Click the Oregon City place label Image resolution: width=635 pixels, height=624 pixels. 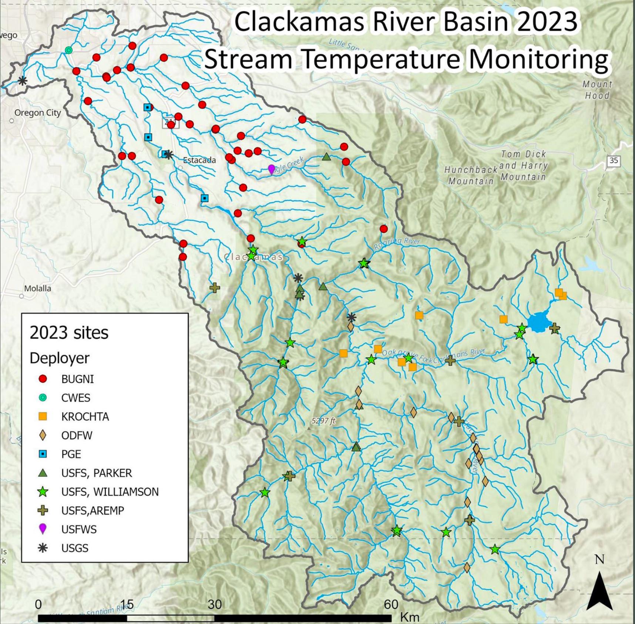click(x=37, y=113)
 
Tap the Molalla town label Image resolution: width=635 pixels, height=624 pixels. click(x=37, y=288)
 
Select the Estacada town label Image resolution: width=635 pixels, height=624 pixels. click(x=199, y=160)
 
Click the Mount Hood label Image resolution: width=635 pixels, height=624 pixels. click(x=597, y=90)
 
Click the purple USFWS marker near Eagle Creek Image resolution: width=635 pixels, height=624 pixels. click(x=271, y=169)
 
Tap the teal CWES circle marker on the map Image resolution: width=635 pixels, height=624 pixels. click(x=68, y=50)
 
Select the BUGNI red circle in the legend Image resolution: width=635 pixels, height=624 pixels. click(x=43, y=379)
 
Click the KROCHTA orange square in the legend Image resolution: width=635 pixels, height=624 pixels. click(x=43, y=416)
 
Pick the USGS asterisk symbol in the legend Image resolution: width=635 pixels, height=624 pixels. click(x=43, y=548)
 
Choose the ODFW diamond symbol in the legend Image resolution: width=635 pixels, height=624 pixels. click(x=43, y=435)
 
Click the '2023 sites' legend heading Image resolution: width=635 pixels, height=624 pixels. click(x=69, y=333)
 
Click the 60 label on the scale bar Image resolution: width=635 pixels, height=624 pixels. click(x=391, y=604)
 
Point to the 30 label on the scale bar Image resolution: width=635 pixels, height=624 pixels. click(x=215, y=604)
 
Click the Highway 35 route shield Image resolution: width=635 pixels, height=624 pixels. click(x=614, y=161)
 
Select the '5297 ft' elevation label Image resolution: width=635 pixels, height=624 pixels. click(x=323, y=421)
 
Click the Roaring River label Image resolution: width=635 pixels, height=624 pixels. click(x=397, y=243)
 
